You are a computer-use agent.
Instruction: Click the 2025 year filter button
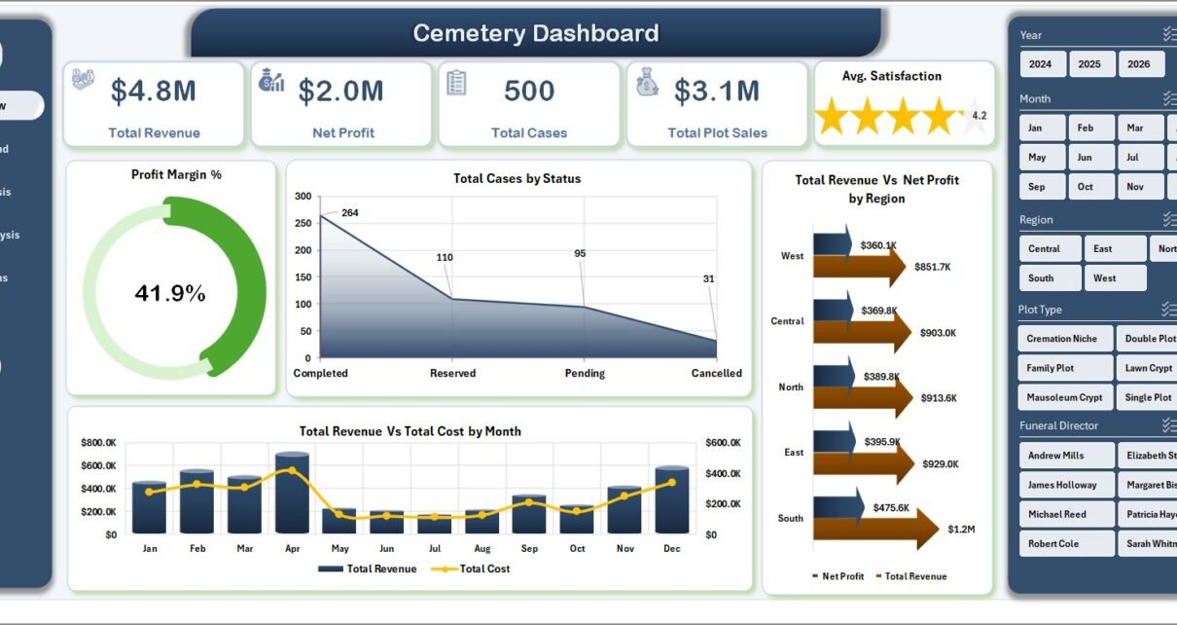[1089, 64]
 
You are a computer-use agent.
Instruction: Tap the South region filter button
[1041, 278]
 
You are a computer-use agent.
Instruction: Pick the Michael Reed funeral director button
[1057, 514]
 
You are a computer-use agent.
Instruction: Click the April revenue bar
[292, 493]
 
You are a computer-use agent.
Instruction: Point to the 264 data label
[350, 213]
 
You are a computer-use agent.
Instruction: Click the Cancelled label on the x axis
[716, 373]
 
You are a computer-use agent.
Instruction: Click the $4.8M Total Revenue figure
[154, 92]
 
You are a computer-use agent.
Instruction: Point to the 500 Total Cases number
[529, 92]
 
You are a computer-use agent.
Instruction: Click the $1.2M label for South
[961, 529]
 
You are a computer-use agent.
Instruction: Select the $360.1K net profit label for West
[878, 245]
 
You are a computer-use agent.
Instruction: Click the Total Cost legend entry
[484, 569]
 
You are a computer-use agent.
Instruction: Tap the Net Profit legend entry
[841, 576]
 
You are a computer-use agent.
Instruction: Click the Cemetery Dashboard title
[535, 33]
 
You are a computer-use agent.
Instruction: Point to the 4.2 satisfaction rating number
[979, 116]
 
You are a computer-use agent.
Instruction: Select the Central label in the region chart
[787, 321]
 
